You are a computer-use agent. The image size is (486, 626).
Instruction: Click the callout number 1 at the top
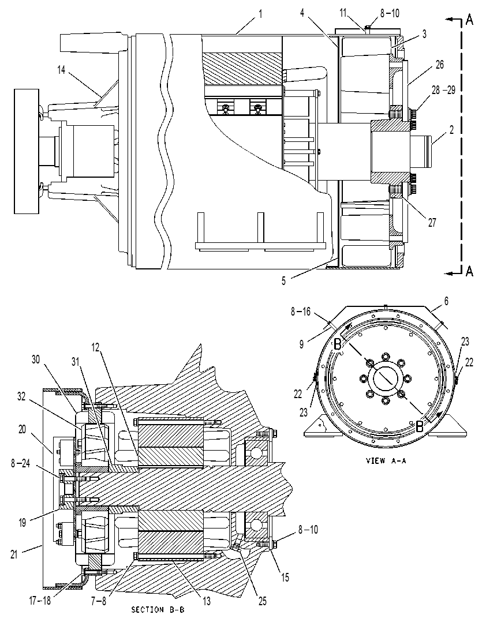click(x=260, y=15)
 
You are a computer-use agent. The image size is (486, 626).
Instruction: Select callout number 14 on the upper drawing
click(x=61, y=70)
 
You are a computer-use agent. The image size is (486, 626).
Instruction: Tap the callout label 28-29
click(x=443, y=90)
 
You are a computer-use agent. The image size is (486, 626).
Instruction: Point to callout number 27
click(x=432, y=222)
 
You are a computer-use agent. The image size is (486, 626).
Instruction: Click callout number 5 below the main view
click(x=283, y=281)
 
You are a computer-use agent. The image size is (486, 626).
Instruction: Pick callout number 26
click(x=439, y=64)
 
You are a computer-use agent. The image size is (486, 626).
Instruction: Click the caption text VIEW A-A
click(x=386, y=460)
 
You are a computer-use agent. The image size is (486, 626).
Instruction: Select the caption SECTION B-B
click(x=158, y=610)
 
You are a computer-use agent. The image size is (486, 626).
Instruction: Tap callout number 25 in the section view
click(x=262, y=601)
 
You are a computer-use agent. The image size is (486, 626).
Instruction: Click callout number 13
click(x=206, y=601)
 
